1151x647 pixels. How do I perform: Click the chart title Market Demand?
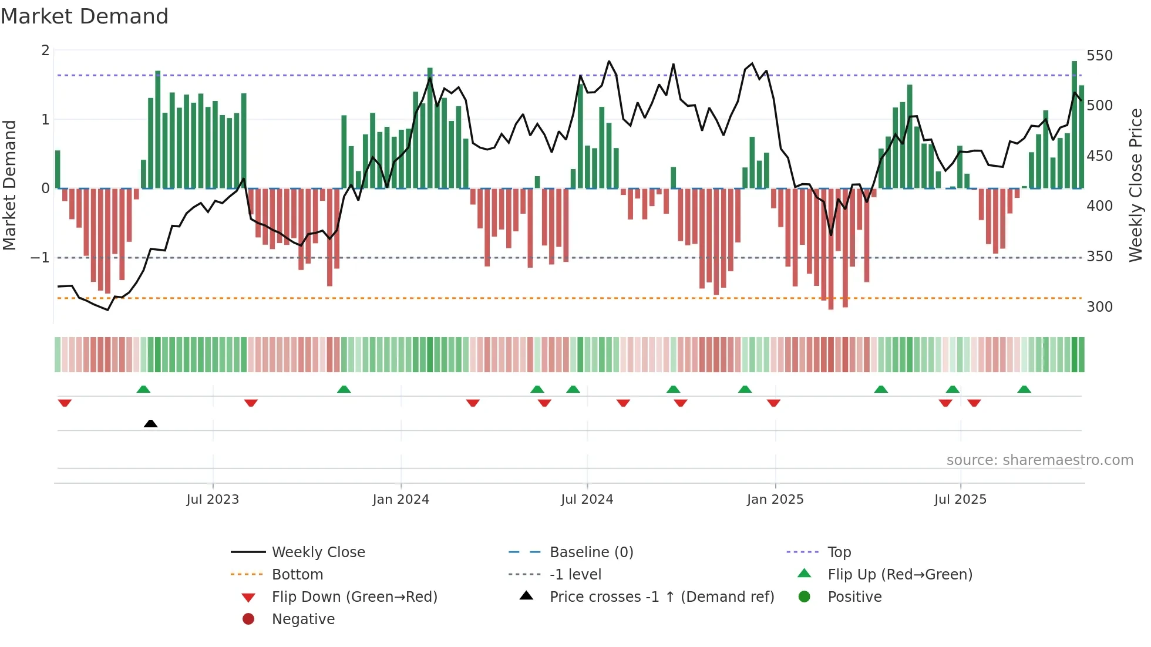pos(85,16)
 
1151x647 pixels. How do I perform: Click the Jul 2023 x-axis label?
pos(213,500)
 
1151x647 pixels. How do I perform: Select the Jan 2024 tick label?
pos(401,500)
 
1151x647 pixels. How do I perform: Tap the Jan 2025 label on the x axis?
pos(775,500)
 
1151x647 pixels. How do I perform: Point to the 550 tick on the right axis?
pos(1099,56)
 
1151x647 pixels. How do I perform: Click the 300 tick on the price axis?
pos(1099,307)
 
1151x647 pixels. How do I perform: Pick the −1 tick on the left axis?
pos(40,258)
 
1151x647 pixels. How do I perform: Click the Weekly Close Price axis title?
pos(1136,185)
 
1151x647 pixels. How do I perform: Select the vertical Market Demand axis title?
pos(10,185)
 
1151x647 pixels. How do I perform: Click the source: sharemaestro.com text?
pos(1039,460)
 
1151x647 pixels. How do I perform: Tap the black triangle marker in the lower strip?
pos(150,423)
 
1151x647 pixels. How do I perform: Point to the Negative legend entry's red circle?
pos(248,619)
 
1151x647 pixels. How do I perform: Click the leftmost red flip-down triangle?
pos(65,403)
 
